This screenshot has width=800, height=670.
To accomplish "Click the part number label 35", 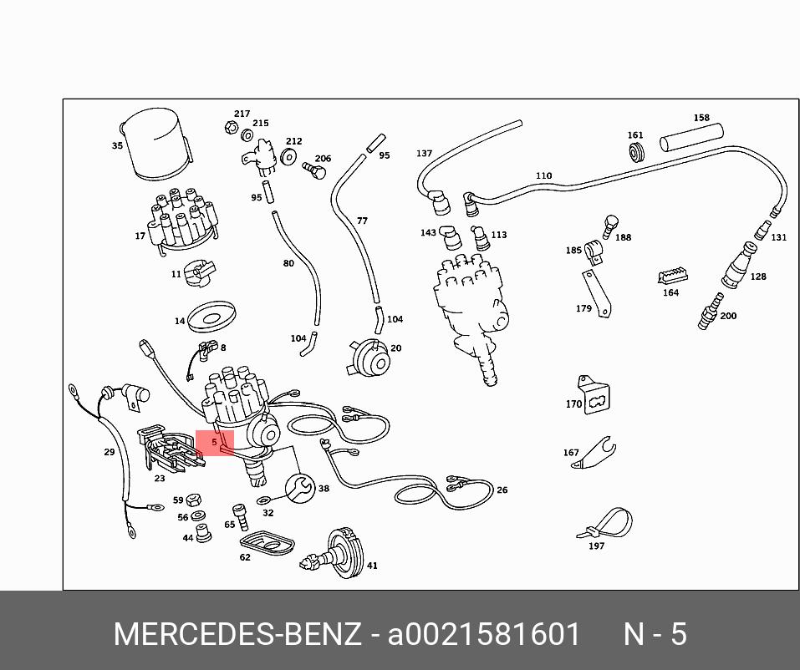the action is point(117,145).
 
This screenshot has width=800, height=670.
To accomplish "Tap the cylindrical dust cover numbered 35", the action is point(156,144).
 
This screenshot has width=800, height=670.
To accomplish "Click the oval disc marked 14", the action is point(211,317).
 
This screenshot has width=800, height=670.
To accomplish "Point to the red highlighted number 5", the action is point(214,442).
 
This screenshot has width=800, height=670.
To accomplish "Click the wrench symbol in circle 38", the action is point(300,488).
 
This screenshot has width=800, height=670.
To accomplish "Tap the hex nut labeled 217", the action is point(231,126).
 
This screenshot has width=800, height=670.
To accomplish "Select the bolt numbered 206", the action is point(314,170).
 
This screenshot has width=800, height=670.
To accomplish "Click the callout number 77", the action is point(362,221).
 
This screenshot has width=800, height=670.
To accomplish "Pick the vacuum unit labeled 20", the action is point(369,358).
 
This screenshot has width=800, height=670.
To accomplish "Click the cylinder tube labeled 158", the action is point(691,138).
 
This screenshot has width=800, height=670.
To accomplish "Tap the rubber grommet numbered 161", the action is point(635,151).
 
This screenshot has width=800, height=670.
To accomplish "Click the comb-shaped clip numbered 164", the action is point(672,276).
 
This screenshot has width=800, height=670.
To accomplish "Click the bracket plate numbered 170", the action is point(594,395).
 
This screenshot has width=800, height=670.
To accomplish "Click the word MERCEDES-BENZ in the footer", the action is point(237,634).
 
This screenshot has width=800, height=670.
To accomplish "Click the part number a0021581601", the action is point(484,634).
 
